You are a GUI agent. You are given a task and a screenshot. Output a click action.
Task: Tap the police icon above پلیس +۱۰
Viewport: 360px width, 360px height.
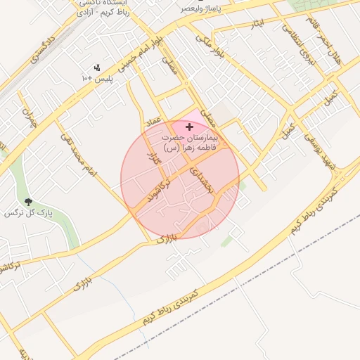(98, 68)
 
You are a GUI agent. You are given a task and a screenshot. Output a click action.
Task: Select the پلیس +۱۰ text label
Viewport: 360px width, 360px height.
(98, 79)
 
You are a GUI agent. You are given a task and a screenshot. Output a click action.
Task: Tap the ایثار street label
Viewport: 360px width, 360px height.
(257, 27)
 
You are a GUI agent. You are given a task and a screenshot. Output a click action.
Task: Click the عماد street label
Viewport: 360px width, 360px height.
(153, 124)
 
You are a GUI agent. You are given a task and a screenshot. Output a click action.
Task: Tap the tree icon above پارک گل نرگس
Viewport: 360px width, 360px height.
(28, 201)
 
